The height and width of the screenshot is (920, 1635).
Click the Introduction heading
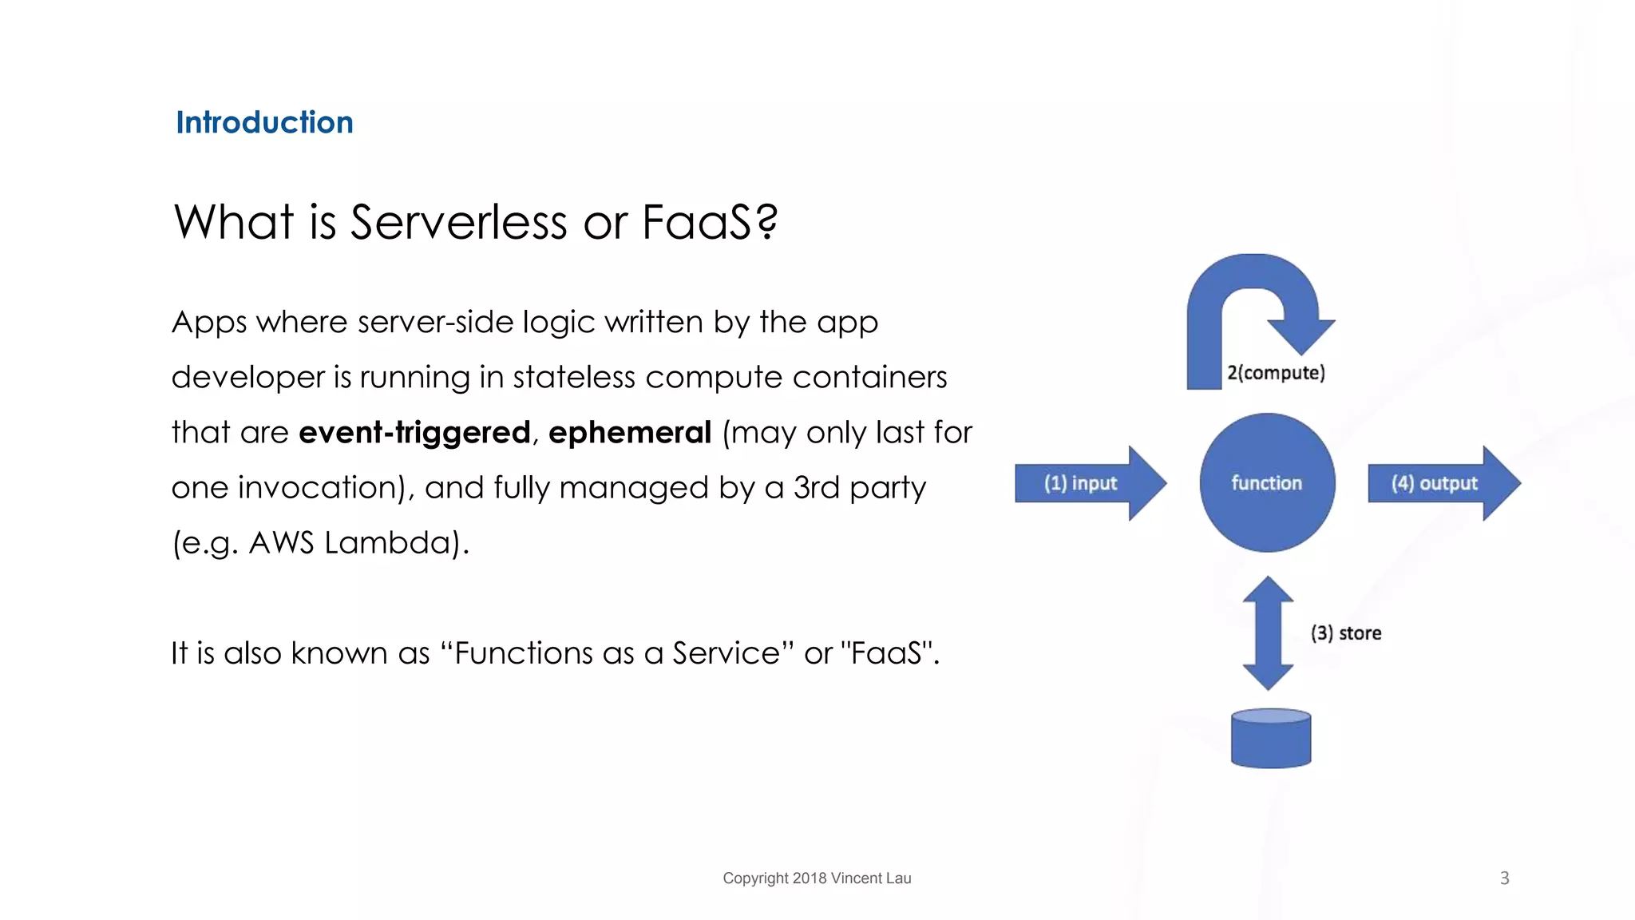pyautogui.click(x=264, y=122)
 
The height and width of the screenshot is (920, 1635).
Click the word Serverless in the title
pyautogui.click(x=458, y=222)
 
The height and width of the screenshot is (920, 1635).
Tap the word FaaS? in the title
pyautogui.click(x=710, y=222)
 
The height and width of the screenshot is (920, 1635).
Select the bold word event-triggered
pyautogui.click(x=414, y=433)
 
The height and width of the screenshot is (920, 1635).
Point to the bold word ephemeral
pyautogui.click(x=630, y=433)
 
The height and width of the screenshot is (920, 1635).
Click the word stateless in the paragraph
pyautogui.click(x=574, y=377)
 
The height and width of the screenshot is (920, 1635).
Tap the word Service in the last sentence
pyautogui.click(x=726, y=653)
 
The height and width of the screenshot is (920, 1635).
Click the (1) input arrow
pyautogui.click(x=1089, y=483)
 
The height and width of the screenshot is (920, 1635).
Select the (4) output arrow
pyautogui.click(x=1443, y=483)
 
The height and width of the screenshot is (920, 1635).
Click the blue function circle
pyautogui.click(x=1267, y=482)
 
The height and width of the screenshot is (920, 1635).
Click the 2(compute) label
pyautogui.click(x=1276, y=373)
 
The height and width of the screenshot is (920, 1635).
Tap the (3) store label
pyautogui.click(x=1346, y=633)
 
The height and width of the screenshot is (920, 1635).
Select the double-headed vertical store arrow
pyautogui.click(x=1268, y=632)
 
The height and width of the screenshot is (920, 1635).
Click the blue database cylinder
pyautogui.click(x=1271, y=739)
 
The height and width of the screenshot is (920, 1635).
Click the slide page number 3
pyautogui.click(x=1504, y=878)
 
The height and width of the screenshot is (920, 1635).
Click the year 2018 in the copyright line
pyautogui.click(x=810, y=878)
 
